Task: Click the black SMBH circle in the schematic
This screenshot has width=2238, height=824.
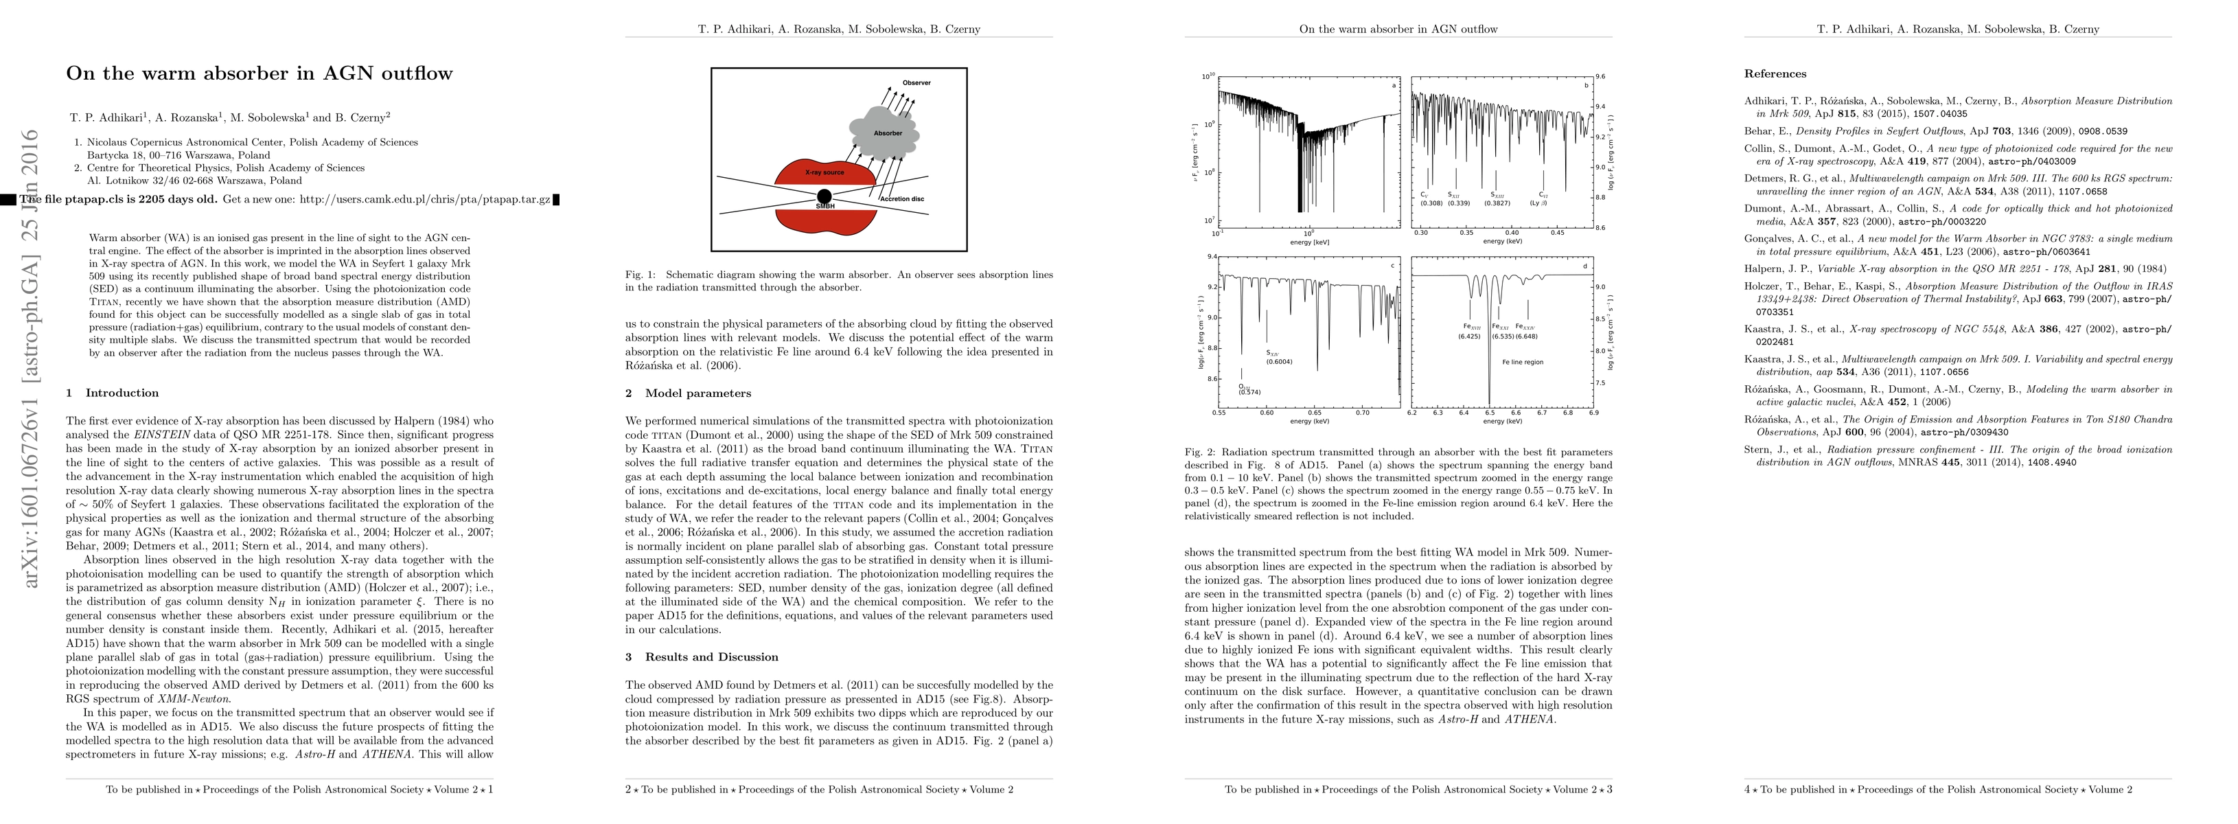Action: tap(824, 196)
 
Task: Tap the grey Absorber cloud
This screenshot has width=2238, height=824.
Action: tap(884, 133)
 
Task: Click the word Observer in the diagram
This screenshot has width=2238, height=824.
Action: tap(916, 82)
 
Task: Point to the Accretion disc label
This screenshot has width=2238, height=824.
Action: tap(903, 199)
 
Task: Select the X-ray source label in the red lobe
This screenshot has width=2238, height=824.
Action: tap(824, 172)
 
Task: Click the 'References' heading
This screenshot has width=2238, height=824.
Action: tap(1775, 74)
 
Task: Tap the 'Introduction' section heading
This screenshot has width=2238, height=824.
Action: tap(122, 393)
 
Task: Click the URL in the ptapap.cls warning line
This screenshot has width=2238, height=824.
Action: tap(425, 200)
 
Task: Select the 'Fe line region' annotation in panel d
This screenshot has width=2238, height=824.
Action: tap(1523, 362)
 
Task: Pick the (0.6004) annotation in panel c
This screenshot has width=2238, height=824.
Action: tap(1279, 362)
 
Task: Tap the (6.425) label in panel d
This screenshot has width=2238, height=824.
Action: tap(1469, 336)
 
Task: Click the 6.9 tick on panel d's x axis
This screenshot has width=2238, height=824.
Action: tap(1593, 413)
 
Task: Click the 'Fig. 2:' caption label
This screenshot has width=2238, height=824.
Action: tap(1200, 452)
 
